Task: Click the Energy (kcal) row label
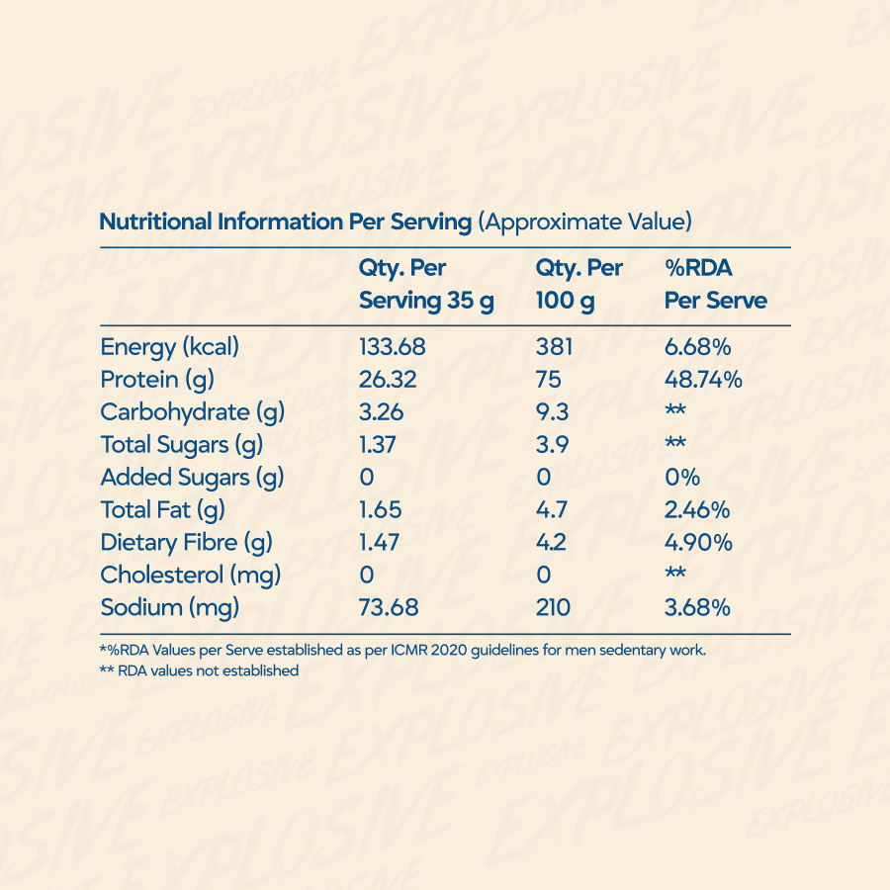170,347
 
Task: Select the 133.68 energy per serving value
393,347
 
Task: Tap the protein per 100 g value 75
548,380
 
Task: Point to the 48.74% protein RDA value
703,380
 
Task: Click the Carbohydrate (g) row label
193,412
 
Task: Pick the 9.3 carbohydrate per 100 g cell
552,412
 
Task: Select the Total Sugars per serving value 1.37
377,444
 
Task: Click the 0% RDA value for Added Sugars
682,478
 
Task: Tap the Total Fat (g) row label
163,510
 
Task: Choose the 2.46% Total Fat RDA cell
697,509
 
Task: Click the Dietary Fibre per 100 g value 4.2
551,543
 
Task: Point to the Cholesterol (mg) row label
191,576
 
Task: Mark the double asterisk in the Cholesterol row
675,573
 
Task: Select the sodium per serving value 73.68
389,608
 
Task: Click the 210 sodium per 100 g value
553,608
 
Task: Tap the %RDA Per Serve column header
716,284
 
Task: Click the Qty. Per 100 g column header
579,285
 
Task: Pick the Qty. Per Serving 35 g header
426,285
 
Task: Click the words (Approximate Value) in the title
584,222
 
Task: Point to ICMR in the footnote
408,650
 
